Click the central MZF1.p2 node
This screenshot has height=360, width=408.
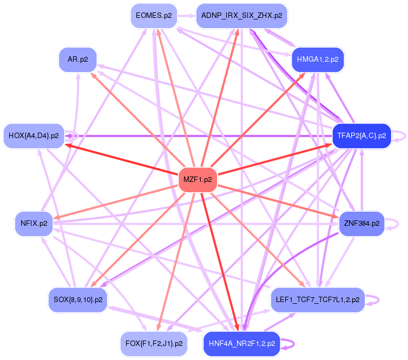198,179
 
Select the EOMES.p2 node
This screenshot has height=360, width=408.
154,16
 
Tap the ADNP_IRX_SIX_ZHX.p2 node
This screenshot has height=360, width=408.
241,16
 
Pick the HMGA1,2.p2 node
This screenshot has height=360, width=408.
318,60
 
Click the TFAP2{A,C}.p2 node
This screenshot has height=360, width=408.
361,136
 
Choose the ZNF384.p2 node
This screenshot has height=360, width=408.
361,222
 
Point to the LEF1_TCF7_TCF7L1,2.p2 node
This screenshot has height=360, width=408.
317,299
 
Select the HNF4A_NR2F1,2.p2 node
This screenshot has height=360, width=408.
241,343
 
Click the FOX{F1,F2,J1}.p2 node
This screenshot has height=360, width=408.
154,343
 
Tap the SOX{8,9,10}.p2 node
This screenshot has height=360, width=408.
78,299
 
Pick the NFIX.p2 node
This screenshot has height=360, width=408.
34,222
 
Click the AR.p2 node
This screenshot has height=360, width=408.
78,59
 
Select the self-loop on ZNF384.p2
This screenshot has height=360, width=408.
393,222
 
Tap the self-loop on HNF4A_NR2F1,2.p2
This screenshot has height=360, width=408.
289,343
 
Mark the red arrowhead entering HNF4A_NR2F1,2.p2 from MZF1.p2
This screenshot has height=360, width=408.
236,326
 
